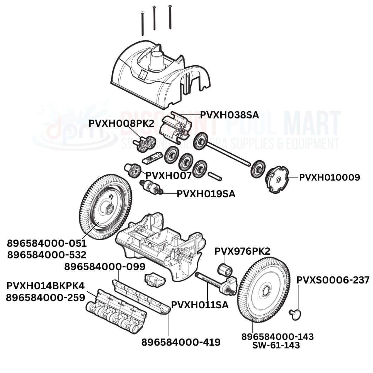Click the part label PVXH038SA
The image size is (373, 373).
[x=229, y=115]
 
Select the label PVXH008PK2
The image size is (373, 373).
[x=121, y=124]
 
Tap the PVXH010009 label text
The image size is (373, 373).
[x=330, y=178]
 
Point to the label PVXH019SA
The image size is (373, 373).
[x=206, y=194]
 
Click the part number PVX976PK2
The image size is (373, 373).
[x=242, y=251]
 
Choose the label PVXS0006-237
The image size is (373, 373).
[x=333, y=280]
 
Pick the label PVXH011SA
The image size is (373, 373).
[x=200, y=305]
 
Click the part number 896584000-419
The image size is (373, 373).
[x=181, y=342]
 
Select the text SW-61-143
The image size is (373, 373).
[x=276, y=345]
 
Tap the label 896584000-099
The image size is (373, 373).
[x=105, y=267]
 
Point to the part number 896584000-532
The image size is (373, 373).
[x=47, y=254]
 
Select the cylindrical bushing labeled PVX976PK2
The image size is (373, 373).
[x=225, y=269]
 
